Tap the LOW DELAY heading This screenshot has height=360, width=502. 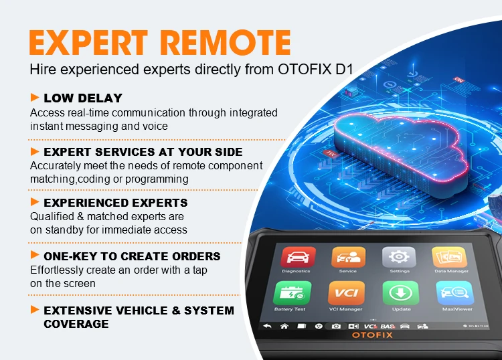pyautogui.click(x=83, y=98)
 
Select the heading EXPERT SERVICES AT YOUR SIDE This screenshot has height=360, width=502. pyautogui.click(x=143, y=152)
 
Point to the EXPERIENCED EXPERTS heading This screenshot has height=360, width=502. pyautogui.click(x=115, y=202)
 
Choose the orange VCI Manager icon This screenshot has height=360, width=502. pyautogui.click(x=346, y=293)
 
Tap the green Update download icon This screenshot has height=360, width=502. pyautogui.click(x=400, y=293)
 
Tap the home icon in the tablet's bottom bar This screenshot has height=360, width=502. pyautogui.click(x=284, y=326)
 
